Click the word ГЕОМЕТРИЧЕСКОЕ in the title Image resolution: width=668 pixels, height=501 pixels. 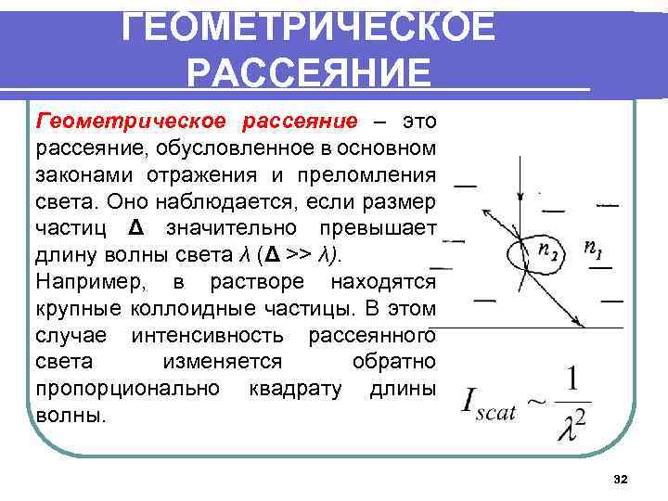(310, 27)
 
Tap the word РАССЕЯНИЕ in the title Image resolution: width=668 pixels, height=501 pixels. (310, 72)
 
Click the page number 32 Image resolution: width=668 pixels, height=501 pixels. (621, 479)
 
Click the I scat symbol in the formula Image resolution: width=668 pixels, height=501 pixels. (487, 405)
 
